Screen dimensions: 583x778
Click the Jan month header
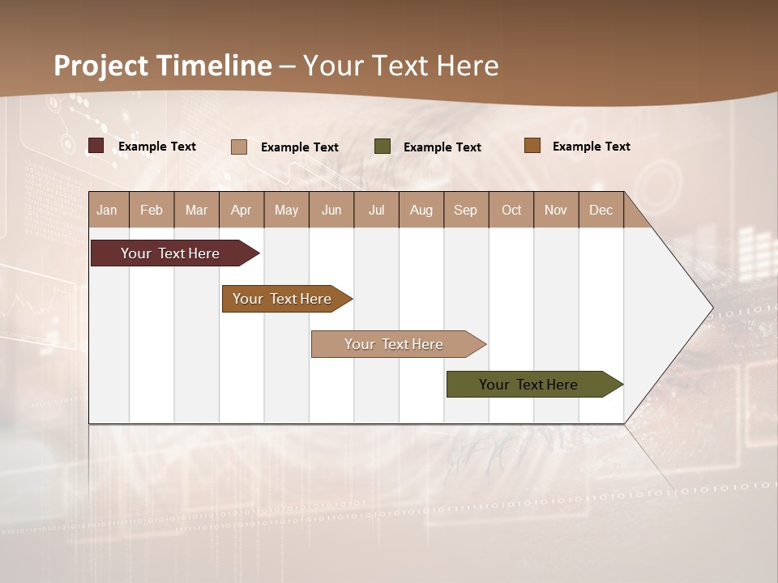(x=107, y=210)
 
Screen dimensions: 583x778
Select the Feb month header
(x=152, y=210)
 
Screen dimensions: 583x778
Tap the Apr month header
(x=241, y=210)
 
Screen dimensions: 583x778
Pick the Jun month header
(x=331, y=210)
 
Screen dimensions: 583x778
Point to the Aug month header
(x=421, y=210)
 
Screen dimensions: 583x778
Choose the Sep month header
(x=465, y=210)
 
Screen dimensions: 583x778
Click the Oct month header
(x=511, y=210)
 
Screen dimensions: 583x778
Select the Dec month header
(x=601, y=210)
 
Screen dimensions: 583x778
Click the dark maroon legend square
(x=96, y=146)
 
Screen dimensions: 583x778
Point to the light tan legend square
(x=239, y=147)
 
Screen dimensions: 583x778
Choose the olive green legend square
(x=383, y=147)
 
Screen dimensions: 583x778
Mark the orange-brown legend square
(x=532, y=146)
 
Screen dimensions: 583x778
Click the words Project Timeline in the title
(x=163, y=66)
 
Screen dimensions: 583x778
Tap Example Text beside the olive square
(x=442, y=147)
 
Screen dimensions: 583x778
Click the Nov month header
(x=556, y=210)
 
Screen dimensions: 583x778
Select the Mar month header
(x=196, y=210)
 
